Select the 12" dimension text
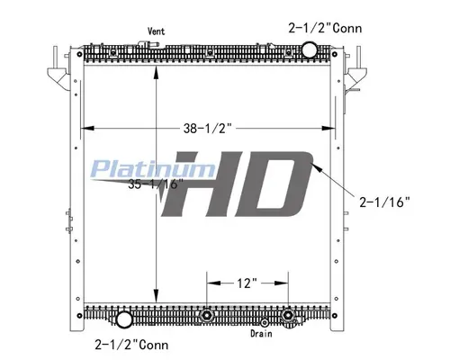tap(248, 283)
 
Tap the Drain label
tap(262, 332)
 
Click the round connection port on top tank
tap(308, 49)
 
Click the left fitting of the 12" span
tap(208, 316)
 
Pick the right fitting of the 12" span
tap(288, 316)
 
